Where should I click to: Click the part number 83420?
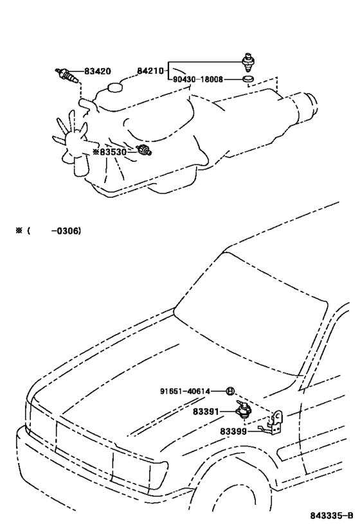97,71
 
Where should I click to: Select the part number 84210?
150,71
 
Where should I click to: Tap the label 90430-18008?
198,80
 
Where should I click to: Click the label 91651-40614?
185,391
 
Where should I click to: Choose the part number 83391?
206,411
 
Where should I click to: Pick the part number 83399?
233,431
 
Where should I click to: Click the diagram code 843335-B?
332,516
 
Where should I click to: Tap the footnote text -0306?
66,231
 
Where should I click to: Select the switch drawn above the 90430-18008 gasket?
248,62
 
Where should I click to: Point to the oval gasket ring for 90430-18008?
248,80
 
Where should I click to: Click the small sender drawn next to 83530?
145,151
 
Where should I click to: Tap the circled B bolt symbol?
230,391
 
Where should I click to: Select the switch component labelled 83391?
244,410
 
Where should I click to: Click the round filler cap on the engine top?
115,87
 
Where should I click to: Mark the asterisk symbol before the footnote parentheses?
19,231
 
